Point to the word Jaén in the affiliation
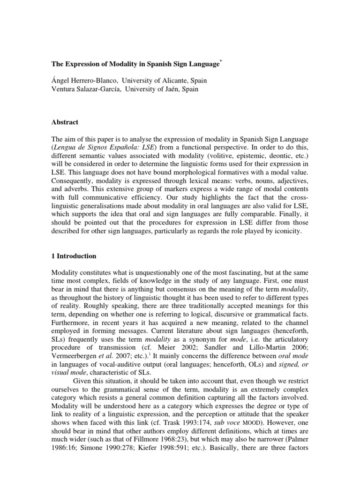click(x=177, y=90)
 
